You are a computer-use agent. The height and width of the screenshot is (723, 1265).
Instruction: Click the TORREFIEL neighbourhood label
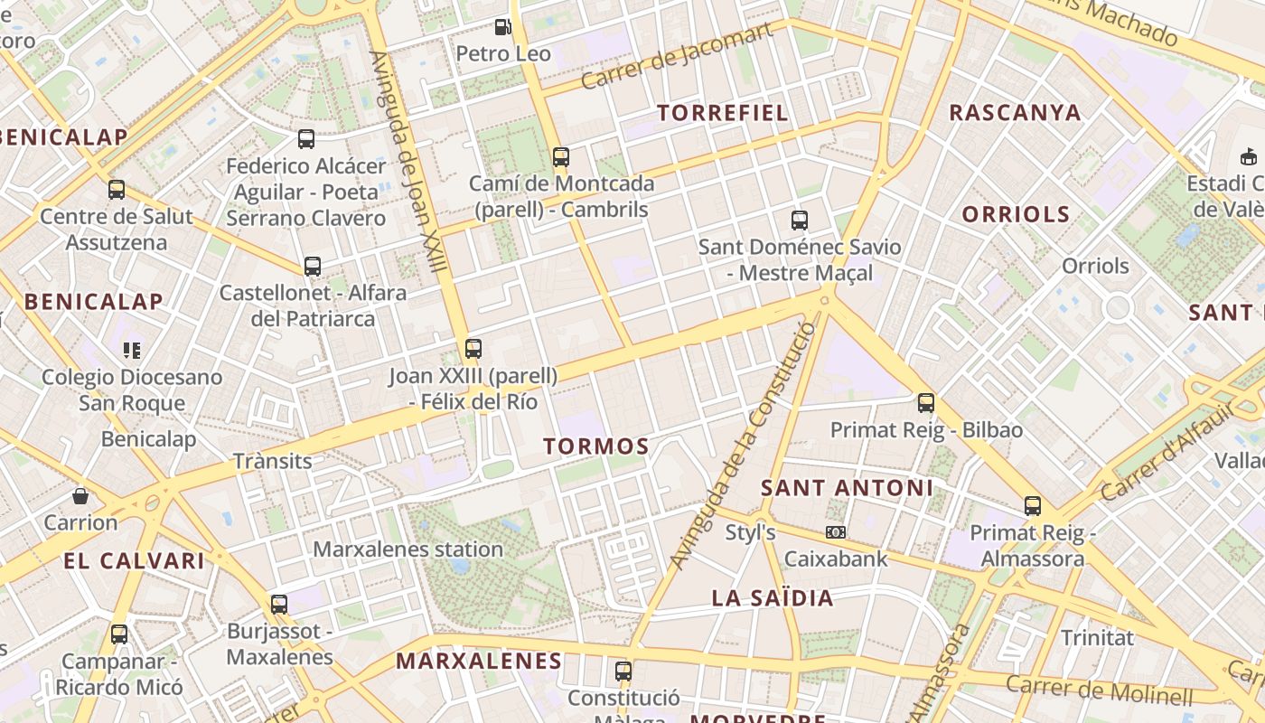(723, 113)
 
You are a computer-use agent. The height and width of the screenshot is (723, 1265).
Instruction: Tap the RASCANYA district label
(1015, 112)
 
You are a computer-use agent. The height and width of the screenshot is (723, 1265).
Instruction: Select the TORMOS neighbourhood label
(596, 446)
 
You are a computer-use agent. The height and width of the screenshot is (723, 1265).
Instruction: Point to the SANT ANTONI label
(847, 488)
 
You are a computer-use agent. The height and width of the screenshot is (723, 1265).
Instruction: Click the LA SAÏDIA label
(773, 597)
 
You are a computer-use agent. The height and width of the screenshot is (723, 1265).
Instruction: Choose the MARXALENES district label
(479, 661)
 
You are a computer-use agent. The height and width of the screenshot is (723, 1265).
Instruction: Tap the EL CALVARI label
(135, 560)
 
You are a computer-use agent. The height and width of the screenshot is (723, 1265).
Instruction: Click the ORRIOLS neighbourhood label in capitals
(1016, 214)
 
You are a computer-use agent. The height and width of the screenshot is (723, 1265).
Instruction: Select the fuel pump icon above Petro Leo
(503, 27)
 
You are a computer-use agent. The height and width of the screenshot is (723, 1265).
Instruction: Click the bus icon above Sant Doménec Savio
(799, 220)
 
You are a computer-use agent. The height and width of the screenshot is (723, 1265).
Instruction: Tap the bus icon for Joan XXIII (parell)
(473, 348)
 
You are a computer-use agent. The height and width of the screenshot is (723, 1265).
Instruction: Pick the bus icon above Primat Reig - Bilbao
(926, 402)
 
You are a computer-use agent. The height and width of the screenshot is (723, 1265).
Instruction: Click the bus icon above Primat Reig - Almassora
(1032, 505)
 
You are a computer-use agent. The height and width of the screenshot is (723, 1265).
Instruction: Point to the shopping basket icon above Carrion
(80, 495)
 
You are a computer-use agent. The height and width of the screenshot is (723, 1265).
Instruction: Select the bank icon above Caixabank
(836, 532)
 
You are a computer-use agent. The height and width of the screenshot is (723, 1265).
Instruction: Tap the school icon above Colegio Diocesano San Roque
(132, 350)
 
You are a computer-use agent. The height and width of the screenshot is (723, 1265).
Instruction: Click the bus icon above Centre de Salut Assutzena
(117, 189)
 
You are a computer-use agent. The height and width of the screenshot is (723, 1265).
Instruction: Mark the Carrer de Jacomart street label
(678, 56)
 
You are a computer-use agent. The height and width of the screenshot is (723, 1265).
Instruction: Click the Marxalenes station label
(408, 549)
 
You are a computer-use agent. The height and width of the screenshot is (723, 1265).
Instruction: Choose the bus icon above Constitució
(623, 671)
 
